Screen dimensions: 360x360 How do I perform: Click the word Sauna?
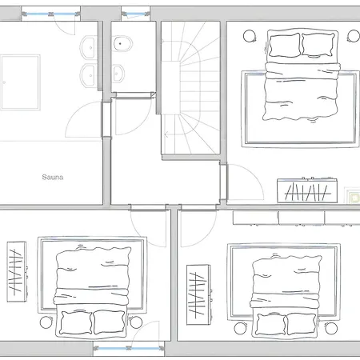click(x=53, y=177)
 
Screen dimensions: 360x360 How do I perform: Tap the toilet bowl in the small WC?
click(x=122, y=43)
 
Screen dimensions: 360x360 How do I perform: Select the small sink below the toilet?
click(x=118, y=74)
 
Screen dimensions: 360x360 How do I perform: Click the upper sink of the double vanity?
click(x=88, y=48)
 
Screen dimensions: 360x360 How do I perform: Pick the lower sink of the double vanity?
click(x=88, y=75)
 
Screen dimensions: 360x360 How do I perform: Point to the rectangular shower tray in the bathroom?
click(x=21, y=82)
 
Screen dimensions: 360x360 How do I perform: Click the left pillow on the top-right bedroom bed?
click(x=284, y=45)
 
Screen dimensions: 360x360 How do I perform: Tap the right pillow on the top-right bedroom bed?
click(x=318, y=45)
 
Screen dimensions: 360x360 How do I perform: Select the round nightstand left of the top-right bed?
click(x=249, y=36)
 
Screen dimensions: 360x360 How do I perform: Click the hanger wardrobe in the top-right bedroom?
click(x=307, y=190)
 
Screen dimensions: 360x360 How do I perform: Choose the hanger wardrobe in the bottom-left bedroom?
click(x=17, y=272)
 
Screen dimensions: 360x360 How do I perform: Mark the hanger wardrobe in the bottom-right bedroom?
click(x=198, y=294)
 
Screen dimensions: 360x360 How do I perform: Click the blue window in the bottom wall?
click(x=129, y=348)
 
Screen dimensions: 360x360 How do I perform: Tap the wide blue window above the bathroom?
click(x=51, y=14)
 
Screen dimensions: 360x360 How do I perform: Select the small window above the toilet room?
click(x=135, y=14)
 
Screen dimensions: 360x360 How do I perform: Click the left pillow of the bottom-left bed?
click(x=76, y=322)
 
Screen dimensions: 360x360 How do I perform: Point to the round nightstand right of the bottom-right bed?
click(x=331, y=328)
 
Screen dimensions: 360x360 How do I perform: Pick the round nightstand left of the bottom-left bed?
click(x=46, y=322)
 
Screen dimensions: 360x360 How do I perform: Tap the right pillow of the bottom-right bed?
click(x=300, y=324)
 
